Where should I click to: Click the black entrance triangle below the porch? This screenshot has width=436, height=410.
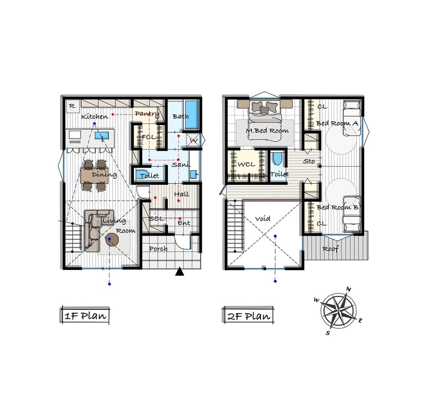180,271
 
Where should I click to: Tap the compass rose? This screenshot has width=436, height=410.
338,311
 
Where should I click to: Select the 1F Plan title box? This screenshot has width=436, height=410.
85,316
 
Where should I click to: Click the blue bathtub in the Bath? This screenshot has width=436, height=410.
192,115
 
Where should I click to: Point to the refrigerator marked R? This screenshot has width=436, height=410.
73,106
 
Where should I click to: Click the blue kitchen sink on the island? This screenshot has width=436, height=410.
102,136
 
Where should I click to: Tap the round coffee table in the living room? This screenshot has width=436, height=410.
112,239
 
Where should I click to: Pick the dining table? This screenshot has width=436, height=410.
94,176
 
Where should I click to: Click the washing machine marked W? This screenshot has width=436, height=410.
193,141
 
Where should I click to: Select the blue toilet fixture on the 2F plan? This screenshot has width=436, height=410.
277,159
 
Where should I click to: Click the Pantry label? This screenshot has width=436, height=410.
147,114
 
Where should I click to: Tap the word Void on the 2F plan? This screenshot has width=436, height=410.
262,219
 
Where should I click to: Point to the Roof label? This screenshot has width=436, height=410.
331,249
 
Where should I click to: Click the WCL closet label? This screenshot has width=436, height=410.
246,165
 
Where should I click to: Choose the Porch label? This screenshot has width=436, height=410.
158,249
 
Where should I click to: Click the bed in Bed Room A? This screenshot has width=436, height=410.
352,118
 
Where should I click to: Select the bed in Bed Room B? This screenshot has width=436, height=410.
352,214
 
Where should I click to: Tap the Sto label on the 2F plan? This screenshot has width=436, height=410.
309,161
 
